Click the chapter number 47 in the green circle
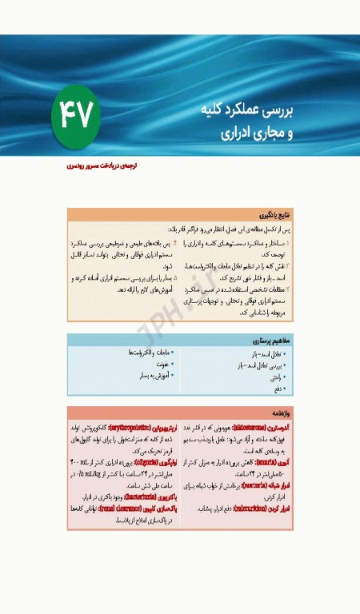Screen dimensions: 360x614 point(78,118)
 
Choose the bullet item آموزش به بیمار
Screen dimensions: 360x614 point(153,374)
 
